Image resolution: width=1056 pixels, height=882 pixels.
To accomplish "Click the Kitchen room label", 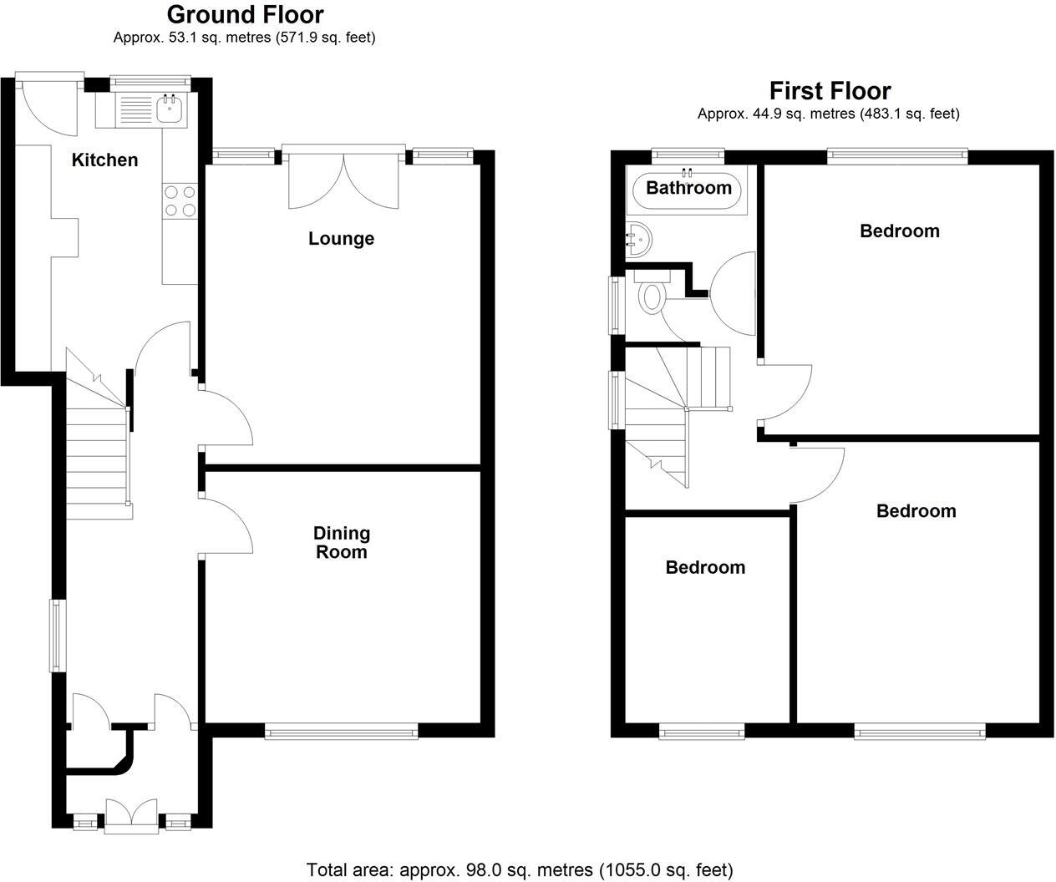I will (104, 160).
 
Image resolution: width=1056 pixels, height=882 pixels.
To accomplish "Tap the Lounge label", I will (341, 239).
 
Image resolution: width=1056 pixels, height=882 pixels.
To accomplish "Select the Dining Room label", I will (341, 542).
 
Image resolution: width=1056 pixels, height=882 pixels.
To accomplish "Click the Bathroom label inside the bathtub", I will (688, 188).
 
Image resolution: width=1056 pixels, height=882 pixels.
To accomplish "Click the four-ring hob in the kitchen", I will (180, 200).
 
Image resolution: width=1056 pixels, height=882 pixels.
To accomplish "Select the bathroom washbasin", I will (637, 237).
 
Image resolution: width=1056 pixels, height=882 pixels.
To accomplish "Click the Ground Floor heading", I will (245, 14).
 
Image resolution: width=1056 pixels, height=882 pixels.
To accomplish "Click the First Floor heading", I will (830, 90).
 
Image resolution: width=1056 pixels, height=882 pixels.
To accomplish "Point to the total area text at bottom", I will (520, 870).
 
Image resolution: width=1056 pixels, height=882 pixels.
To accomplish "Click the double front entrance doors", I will (131, 814).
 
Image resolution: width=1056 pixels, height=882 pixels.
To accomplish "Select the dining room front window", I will (341, 732).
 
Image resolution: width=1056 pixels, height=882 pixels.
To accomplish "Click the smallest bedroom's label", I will (705, 567).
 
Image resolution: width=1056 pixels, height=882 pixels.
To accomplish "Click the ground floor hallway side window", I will (55, 635).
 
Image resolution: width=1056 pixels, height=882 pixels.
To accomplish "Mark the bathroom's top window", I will (688, 154).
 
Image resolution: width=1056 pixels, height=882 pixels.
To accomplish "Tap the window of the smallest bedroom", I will (701, 732).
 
